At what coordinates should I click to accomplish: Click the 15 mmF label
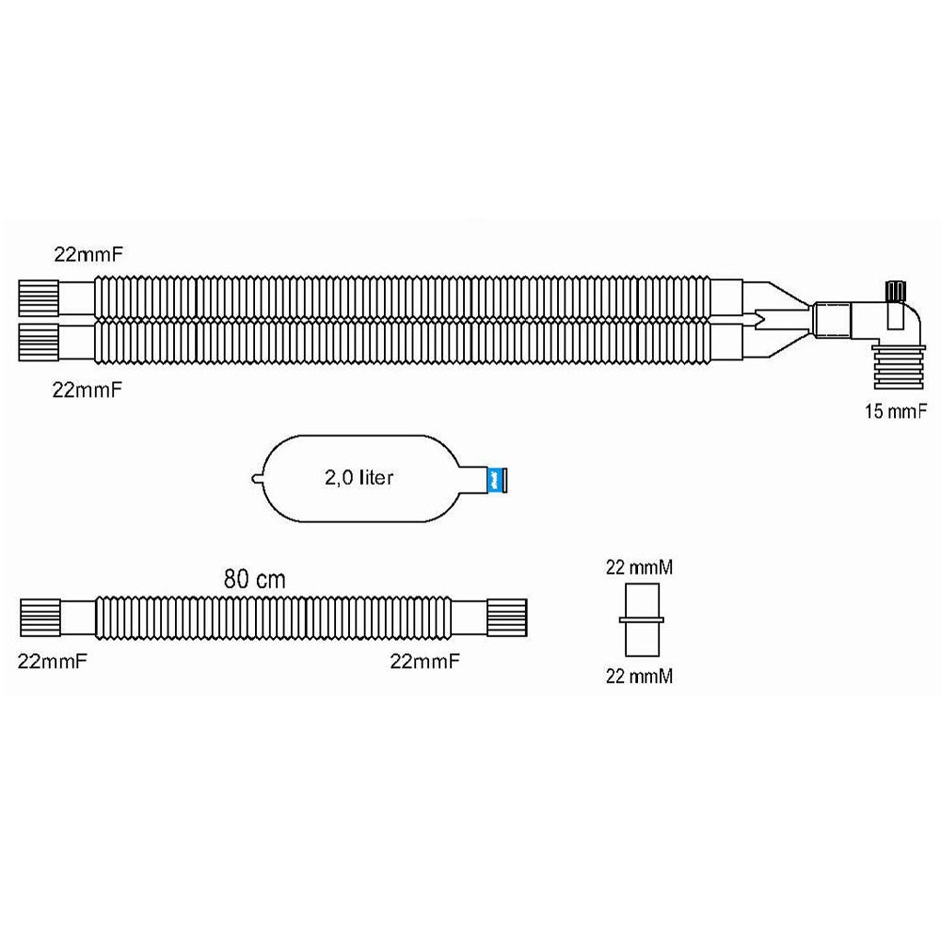coord(895,411)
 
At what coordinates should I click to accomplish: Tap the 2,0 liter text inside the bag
coord(359,478)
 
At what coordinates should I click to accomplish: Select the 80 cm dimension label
coord(254,579)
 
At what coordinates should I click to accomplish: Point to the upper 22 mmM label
coord(639,567)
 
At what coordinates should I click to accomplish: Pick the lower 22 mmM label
coord(639,677)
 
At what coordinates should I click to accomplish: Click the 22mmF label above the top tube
coord(88,254)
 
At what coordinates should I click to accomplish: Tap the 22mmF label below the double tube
coord(87,391)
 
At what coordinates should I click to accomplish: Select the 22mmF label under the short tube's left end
coord(52,662)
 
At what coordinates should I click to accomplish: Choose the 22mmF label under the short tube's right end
coord(425,662)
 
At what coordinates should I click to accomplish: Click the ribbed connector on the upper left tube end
coord(39,298)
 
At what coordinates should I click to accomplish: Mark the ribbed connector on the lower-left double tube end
coord(39,343)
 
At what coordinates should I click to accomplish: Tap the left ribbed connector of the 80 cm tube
coord(40,617)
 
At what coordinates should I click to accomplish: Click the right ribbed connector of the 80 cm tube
coord(507,617)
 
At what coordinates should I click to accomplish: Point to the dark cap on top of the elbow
coord(896,291)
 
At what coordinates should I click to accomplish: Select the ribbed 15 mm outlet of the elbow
coord(899,367)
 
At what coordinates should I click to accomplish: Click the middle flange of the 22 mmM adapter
coord(642,620)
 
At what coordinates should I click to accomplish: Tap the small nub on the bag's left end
coord(256,479)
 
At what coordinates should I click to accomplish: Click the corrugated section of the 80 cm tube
coord(273,617)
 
